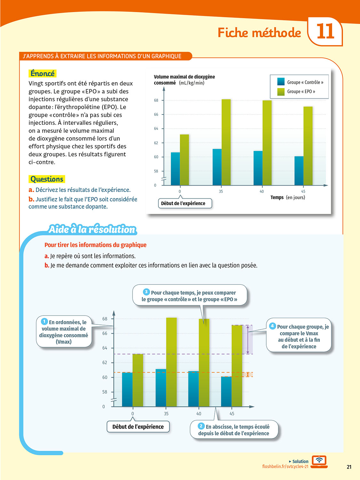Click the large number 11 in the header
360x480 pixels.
pyautogui.click(x=325, y=31)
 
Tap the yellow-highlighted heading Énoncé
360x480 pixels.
pyautogui.click(x=43, y=73)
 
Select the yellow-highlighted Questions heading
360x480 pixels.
pyautogui.click(x=47, y=179)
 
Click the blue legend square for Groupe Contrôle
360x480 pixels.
pyautogui.click(x=281, y=82)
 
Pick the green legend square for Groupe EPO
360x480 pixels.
pyautogui.click(x=281, y=92)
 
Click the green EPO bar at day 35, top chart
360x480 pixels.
pyautogui.click(x=226, y=142)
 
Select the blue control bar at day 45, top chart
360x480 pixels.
pyautogui.click(x=299, y=171)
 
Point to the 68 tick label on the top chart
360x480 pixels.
pyautogui.click(x=156, y=100)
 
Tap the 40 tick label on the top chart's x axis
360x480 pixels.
pyautogui.click(x=262, y=191)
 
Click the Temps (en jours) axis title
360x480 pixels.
pyautogui.click(x=288, y=197)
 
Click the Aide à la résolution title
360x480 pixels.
pyautogui.click(x=92, y=229)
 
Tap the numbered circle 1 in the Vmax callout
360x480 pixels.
pyautogui.click(x=44, y=321)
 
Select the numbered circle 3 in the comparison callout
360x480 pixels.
pyautogui.click(x=146, y=292)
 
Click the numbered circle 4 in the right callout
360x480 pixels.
pyautogui.click(x=272, y=326)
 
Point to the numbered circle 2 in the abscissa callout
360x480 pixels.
pyautogui.click(x=201, y=426)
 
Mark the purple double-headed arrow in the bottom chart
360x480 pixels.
pyautogui.click(x=248, y=340)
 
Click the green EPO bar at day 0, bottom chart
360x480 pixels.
pyautogui.click(x=138, y=380)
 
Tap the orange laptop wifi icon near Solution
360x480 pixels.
pyautogui.click(x=319, y=461)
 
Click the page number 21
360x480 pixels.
pyautogui.click(x=349, y=467)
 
